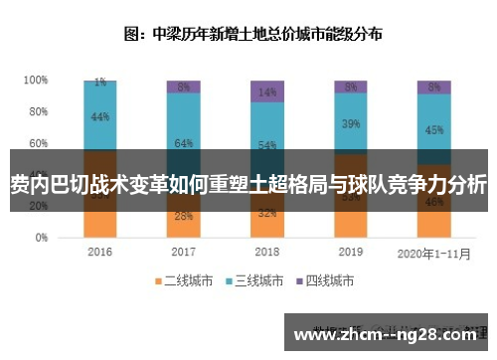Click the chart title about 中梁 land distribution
(252, 33)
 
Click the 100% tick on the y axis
(36, 80)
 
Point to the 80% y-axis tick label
(38, 111)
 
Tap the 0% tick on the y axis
(41, 239)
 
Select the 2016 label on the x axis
(99, 252)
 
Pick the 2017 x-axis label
(183, 252)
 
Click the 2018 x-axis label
(266, 252)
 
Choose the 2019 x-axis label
(350, 252)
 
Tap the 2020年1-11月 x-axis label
(433, 252)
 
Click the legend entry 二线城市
(181, 281)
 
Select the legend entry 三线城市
(254, 281)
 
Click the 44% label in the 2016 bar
(99, 117)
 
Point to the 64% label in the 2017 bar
(183, 143)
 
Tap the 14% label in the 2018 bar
(266, 92)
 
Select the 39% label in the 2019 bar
(350, 124)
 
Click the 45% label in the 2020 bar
(433, 129)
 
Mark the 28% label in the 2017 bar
(183, 215)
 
